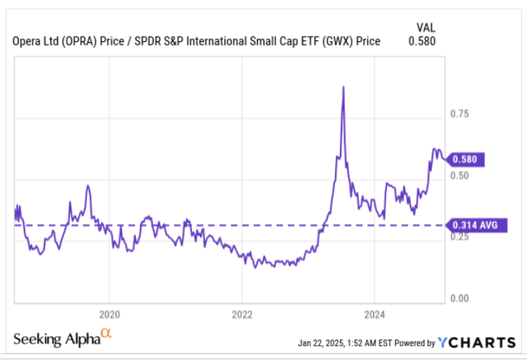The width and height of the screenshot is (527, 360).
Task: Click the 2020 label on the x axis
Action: coord(110,314)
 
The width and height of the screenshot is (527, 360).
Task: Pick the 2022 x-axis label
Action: coord(241,314)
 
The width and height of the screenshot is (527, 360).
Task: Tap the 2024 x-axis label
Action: coord(373,314)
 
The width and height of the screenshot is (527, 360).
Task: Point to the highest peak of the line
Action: coord(343,87)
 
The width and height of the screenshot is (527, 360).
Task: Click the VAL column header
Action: coord(423,26)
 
